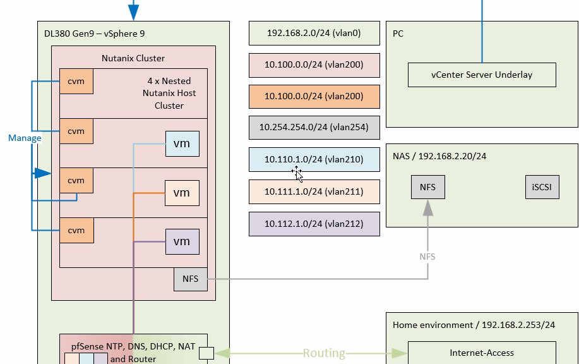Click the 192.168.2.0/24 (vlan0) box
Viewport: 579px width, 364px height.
pos(314,33)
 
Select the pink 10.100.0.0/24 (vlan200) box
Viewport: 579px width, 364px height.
pos(314,64)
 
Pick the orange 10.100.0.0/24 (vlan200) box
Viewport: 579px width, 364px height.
pos(314,96)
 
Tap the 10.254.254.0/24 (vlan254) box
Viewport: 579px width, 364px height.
pos(314,127)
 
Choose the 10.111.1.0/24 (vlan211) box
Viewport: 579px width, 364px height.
pos(314,191)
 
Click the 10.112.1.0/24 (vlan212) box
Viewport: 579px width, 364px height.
pos(314,224)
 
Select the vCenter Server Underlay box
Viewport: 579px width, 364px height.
pos(482,75)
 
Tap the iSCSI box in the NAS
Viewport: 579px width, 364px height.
pos(542,187)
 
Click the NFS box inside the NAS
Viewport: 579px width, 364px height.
pos(428,187)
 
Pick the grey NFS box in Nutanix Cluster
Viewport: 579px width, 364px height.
pos(190,279)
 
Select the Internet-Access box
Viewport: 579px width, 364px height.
pos(482,353)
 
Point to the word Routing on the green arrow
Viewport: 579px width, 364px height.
pos(324,353)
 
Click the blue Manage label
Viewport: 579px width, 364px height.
pos(25,138)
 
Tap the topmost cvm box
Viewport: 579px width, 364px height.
pos(76,82)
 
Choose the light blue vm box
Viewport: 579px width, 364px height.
pos(182,144)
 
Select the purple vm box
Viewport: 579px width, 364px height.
pos(182,241)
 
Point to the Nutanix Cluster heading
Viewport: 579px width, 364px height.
pos(133,58)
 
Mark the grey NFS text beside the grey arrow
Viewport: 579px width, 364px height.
pos(427,257)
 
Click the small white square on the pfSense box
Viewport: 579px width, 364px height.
pos(206,353)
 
